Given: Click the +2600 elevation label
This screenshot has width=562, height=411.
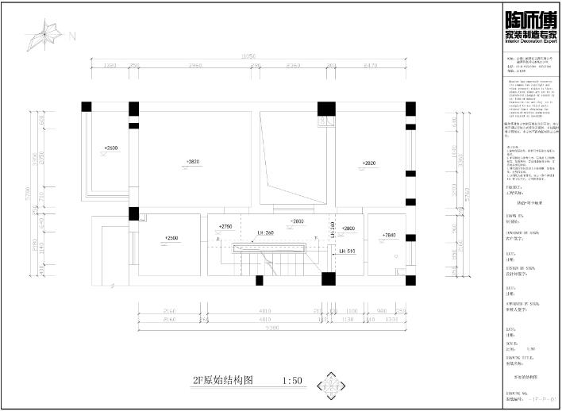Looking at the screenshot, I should pyautogui.click(x=110, y=148).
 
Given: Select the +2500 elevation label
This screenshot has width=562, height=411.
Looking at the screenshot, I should pyautogui.click(x=171, y=238).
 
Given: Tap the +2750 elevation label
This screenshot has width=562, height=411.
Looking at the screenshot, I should pyautogui.click(x=225, y=227).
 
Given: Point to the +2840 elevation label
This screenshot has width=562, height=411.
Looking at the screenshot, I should pyautogui.click(x=388, y=236).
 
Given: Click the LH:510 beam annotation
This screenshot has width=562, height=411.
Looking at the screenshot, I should pyautogui.click(x=347, y=252).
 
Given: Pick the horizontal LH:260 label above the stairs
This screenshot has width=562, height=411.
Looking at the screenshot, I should pyautogui.click(x=265, y=233).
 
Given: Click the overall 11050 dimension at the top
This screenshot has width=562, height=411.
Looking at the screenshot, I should pyautogui.click(x=248, y=57).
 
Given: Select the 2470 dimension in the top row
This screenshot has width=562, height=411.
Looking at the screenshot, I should pyautogui.click(x=371, y=65).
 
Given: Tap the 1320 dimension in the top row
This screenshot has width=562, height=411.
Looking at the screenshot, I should pyautogui.click(x=110, y=65).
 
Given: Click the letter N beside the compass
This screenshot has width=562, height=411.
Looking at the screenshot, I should pyautogui.click(x=71, y=36).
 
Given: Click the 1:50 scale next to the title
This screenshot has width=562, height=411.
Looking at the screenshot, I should pyautogui.click(x=292, y=381).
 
